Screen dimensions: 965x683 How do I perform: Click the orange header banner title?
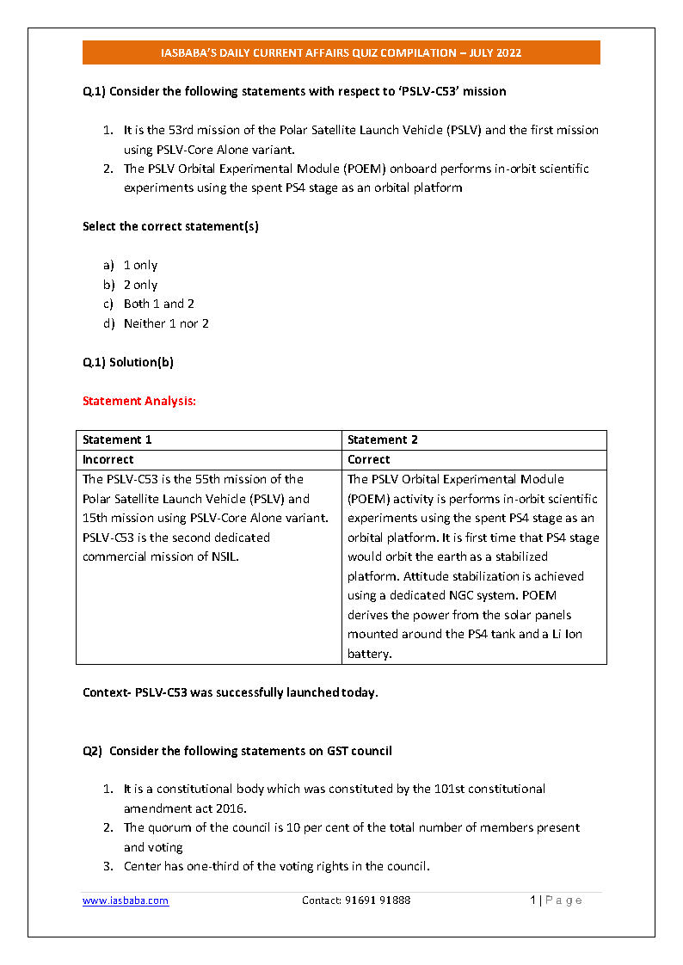pos(341,52)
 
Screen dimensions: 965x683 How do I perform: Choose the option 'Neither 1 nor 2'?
pos(166,323)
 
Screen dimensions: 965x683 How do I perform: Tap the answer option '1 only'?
pos(140,265)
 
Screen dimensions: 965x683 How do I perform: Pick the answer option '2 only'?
pos(140,285)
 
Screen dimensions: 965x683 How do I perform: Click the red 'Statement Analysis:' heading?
pos(139,401)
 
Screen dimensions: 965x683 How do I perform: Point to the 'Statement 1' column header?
pos(117,439)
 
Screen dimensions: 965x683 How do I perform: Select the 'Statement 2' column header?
pos(383,439)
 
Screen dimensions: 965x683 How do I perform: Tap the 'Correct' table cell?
pos(369,459)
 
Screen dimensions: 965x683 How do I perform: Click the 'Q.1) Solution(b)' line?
pos(128,362)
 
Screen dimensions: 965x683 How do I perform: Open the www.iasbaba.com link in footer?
pos(126,900)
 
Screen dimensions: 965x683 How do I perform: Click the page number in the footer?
pos(533,900)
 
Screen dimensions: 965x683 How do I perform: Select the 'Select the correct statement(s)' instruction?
pos(170,226)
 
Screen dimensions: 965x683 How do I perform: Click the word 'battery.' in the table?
pos(370,654)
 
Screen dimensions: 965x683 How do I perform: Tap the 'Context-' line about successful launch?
pos(230,692)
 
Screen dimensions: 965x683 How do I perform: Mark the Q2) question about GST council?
pos(237,751)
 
